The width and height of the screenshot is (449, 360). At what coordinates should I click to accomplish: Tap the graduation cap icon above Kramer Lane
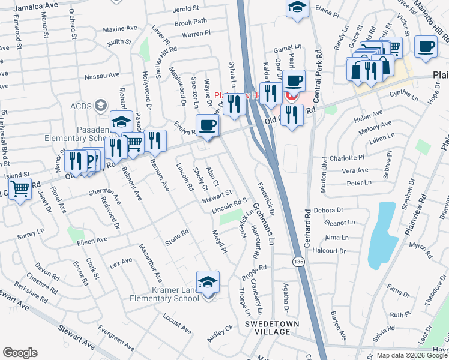pos(208,282)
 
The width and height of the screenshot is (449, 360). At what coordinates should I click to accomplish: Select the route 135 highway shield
pos(298,262)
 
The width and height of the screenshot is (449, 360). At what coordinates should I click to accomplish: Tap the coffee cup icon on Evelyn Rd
pos(208,125)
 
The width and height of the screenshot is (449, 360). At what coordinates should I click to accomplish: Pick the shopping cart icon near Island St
pos(20,189)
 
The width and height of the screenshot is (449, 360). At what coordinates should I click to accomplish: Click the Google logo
pos(20,353)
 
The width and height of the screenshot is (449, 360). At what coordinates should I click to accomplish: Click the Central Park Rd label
pos(316,55)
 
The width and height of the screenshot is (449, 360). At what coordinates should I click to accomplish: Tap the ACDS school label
pos(80,106)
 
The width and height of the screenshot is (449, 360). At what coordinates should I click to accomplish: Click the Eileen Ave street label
pos(91,239)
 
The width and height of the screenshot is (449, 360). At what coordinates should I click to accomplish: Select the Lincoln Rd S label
pos(230,208)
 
